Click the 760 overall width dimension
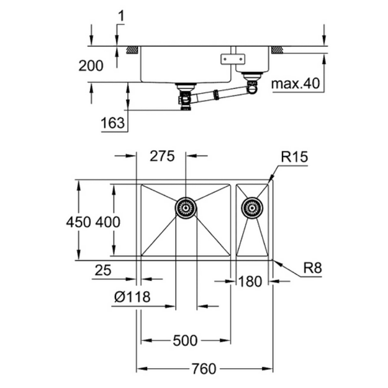(x=204, y=369)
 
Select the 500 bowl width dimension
(x=185, y=340)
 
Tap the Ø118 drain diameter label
(x=132, y=297)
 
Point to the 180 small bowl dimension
(x=250, y=282)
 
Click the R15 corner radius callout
(x=294, y=157)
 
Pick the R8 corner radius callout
(x=312, y=268)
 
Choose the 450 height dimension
(x=78, y=222)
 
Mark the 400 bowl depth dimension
(x=108, y=222)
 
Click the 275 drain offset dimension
(x=162, y=156)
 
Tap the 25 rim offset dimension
(x=103, y=270)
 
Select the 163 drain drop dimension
(x=113, y=123)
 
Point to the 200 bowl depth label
(x=91, y=66)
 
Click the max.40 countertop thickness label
(x=296, y=84)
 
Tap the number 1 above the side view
(x=121, y=16)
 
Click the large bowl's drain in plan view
(x=186, y=208)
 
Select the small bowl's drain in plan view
(x=252, y=208)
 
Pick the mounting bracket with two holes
(x=233, y=60)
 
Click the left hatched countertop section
(x=133, y=50)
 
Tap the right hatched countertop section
(x=277, y=50)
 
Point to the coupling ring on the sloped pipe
(x=216, y=95)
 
